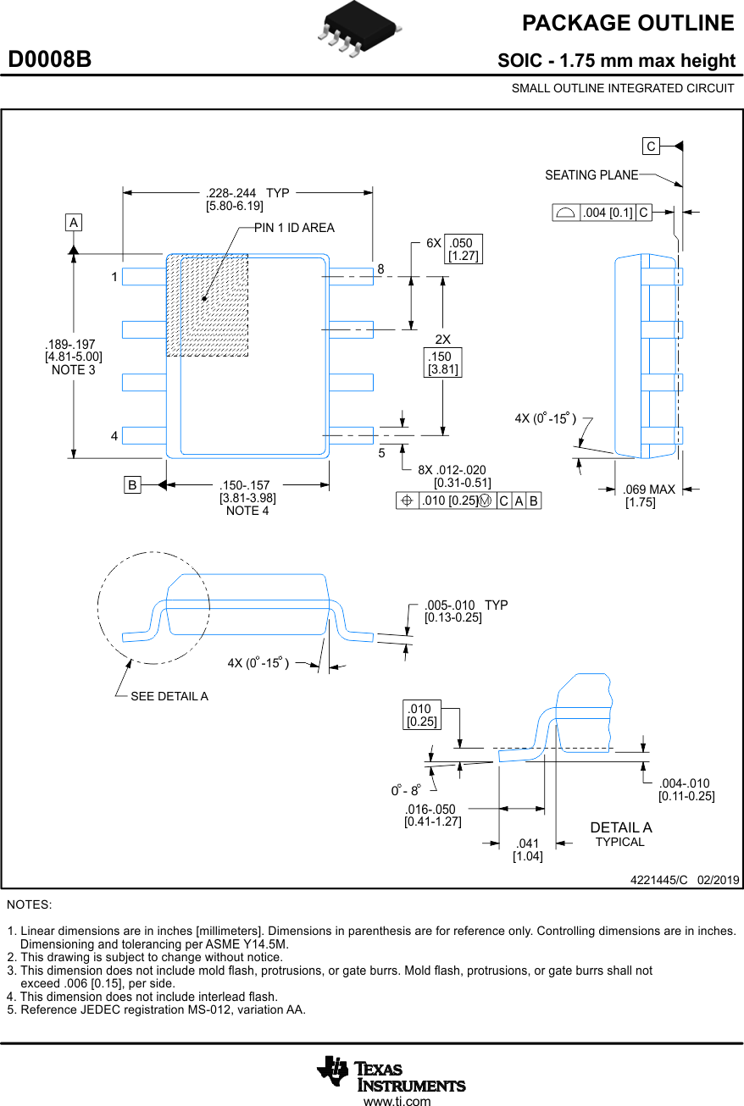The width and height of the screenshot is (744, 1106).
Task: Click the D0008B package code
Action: (50, 60)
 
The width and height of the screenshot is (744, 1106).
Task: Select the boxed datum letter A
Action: (74, 223)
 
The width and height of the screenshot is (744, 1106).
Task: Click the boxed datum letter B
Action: (132, 485)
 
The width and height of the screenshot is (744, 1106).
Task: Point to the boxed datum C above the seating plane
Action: (651, 147)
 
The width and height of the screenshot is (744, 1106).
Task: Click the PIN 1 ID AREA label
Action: (294, 228)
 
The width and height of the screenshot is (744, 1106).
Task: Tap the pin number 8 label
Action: (380, 268)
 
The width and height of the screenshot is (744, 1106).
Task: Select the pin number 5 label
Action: (381, 453)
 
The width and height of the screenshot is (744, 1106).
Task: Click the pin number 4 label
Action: (114, 436)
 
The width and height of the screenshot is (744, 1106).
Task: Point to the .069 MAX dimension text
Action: (648, 489)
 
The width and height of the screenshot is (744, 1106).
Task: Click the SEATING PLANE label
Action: (591, 175)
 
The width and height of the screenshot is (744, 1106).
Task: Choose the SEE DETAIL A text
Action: (169, 696)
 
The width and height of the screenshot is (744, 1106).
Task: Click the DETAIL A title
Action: (620, 827)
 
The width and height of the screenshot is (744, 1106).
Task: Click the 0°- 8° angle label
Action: (406, 790)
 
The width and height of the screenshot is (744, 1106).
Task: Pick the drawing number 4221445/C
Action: (659, 880)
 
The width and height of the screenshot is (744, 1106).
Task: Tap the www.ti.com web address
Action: (397, 1101)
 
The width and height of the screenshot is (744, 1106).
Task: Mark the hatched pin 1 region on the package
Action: (207, 305)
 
